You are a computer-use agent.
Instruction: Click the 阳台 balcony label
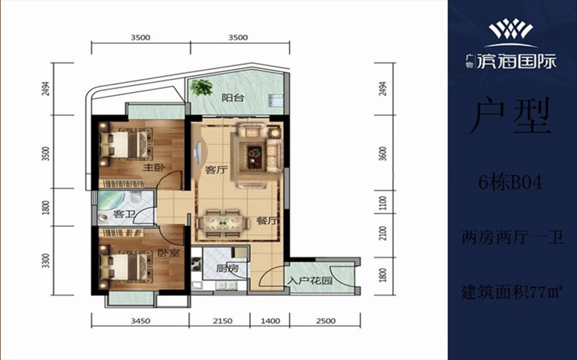point(233,98)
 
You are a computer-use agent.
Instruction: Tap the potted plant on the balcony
point(201,88)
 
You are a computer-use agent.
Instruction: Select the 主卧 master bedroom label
point(154,167)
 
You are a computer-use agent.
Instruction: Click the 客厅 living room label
point(217,170)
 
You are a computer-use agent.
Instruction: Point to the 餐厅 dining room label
point(268,222)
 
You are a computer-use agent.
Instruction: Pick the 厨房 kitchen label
point(227,268)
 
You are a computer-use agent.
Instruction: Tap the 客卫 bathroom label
point(123,214)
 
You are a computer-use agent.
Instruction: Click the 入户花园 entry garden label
point(310,281)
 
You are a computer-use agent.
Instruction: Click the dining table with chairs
point(222,223)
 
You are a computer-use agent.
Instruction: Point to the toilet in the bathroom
point(136,198)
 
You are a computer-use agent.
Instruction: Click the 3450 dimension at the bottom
point(140,321)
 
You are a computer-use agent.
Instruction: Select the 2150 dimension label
point(223,321)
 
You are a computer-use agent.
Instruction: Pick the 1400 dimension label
point(270,321)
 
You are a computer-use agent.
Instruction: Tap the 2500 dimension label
point(325,321)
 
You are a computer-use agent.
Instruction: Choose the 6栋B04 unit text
point(510,182)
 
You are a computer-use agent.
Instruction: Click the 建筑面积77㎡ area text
point(512,292)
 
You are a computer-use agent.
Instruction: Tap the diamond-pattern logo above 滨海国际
point(511,30)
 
